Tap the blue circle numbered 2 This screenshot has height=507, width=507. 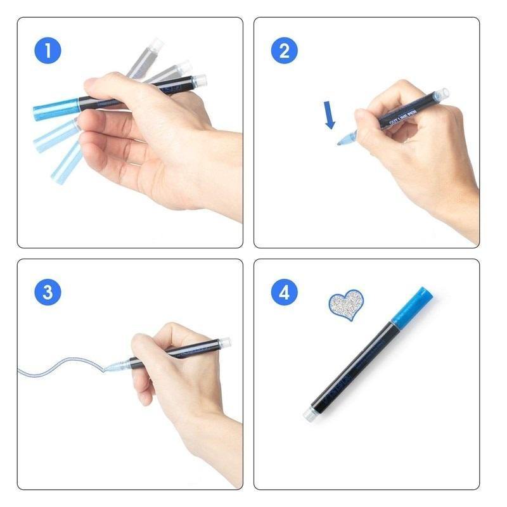[x=284, y=51]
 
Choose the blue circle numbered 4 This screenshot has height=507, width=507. [x=284, y=292]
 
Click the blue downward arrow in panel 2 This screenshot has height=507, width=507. [x=330, y=115]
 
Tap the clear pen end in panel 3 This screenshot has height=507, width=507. [x=224, y=342]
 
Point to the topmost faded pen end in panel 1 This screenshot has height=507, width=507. [x=154, y=46]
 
